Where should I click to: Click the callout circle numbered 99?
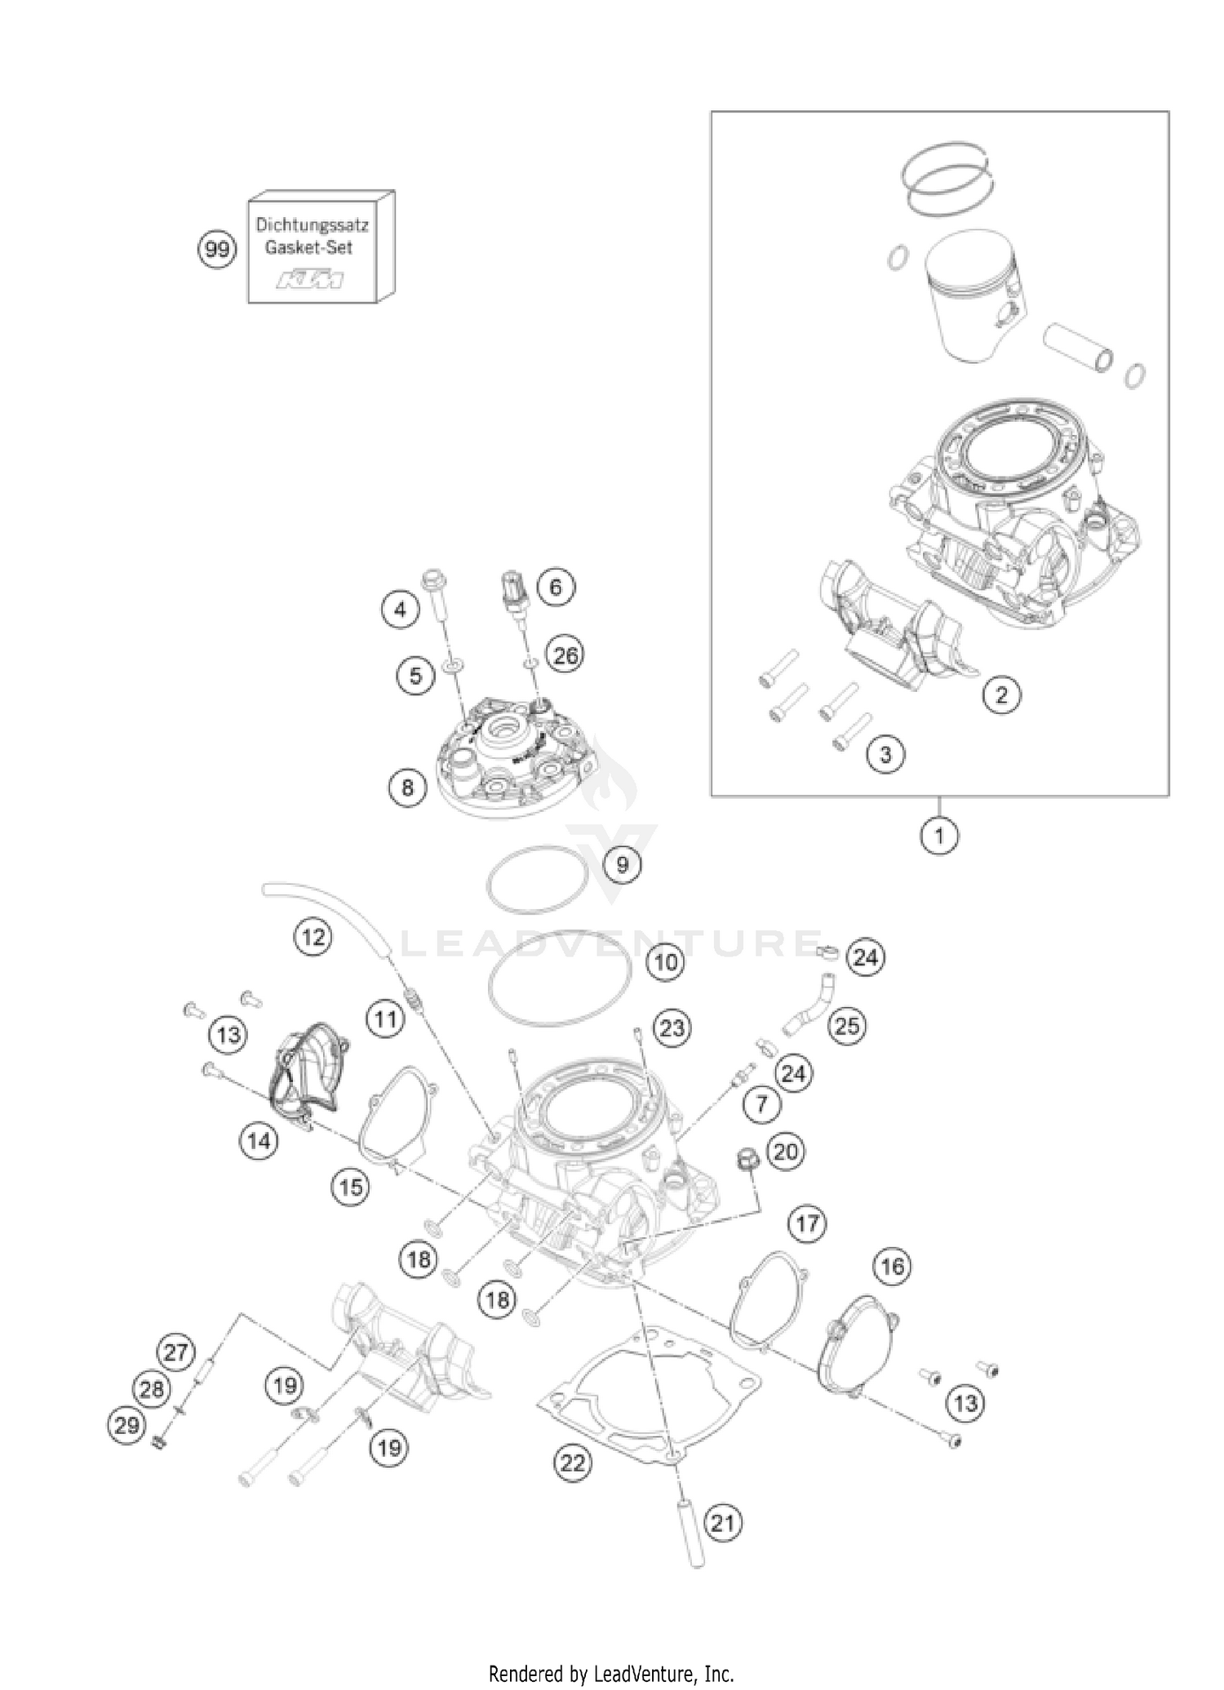[x=217, y=249]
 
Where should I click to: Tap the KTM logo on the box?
[x=310, y=281]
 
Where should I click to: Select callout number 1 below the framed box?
[x=939, y=836]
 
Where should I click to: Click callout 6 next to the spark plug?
[x=555, y=588]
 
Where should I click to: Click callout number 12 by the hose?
[x=313, y=938]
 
